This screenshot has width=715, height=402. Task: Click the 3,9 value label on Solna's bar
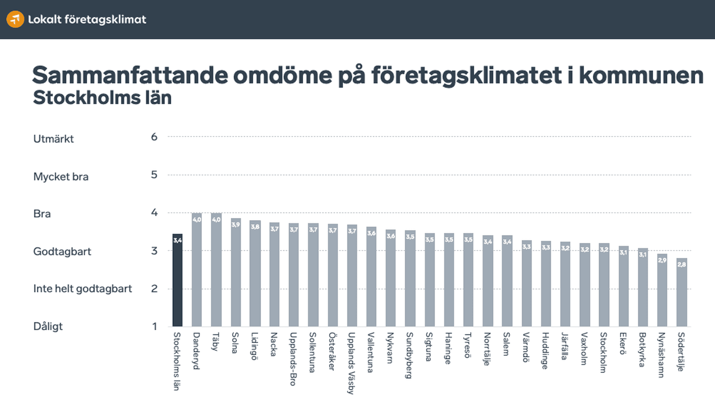[x=235, y=225]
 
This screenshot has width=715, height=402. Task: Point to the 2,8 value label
[x=681, y=265]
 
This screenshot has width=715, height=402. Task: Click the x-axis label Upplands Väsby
[x=351, y=363]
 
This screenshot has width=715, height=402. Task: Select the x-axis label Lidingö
[x=254, y=346]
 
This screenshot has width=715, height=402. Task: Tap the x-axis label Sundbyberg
[x=409, y=355]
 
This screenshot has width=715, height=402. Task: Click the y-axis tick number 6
[x=154, y=137]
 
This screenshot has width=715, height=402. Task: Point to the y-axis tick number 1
[x=155, y=326]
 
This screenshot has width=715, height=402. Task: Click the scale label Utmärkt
[x=54, y=139]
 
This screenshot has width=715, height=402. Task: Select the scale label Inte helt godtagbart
[x=83, y=289]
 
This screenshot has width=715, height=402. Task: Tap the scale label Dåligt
[x=48, y=326]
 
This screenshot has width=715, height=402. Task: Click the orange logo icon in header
[x=15, y=19]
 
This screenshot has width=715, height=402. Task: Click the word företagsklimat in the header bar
[x=105, y=19]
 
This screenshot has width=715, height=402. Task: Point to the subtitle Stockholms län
[x=102, y=98]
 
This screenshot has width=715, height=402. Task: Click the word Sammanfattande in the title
[x=130, y=75]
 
